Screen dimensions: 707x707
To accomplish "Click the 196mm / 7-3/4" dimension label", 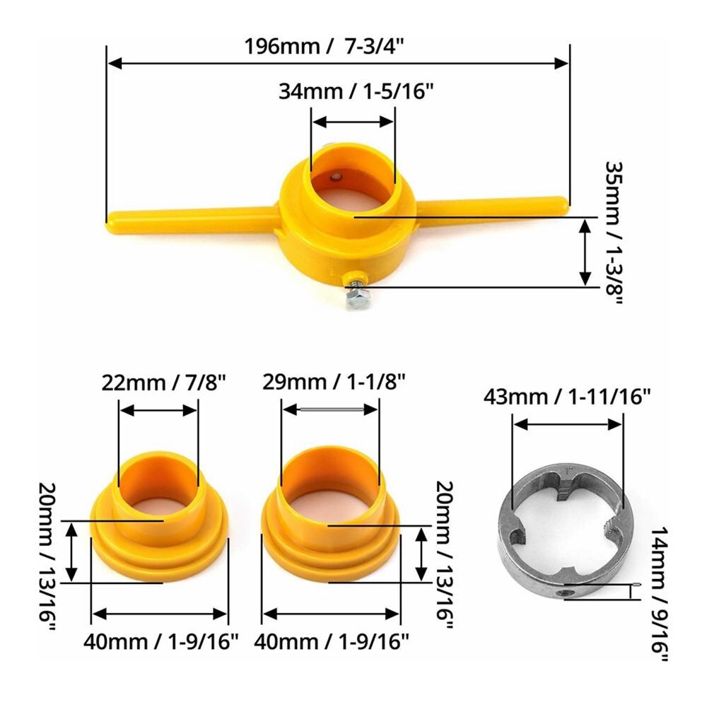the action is pyautogui.click(x=324, y=46).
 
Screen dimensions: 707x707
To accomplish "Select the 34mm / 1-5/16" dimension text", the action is pyautogui.click(x=356, y=91).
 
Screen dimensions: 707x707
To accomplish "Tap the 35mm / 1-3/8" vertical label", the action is pyautogui.click(x=614, y=233).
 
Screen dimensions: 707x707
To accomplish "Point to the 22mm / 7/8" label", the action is pyautogui.click(x=163, y=382).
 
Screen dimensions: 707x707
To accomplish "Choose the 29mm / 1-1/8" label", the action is pyautogui.click(x=334, y=382).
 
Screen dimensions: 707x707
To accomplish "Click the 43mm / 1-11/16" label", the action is pyautogui.click(x=567, y=397).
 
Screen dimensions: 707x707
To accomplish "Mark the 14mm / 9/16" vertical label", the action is pyautogui.click(x=659, y=593).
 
